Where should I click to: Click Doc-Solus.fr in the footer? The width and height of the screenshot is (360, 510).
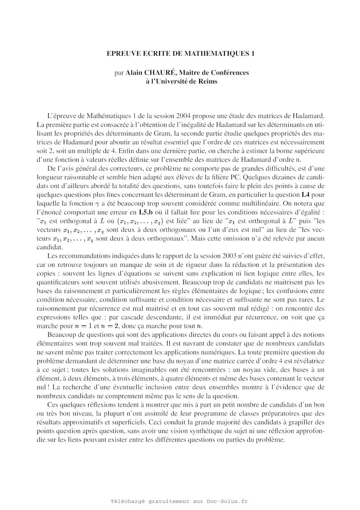[x=227, y=501]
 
